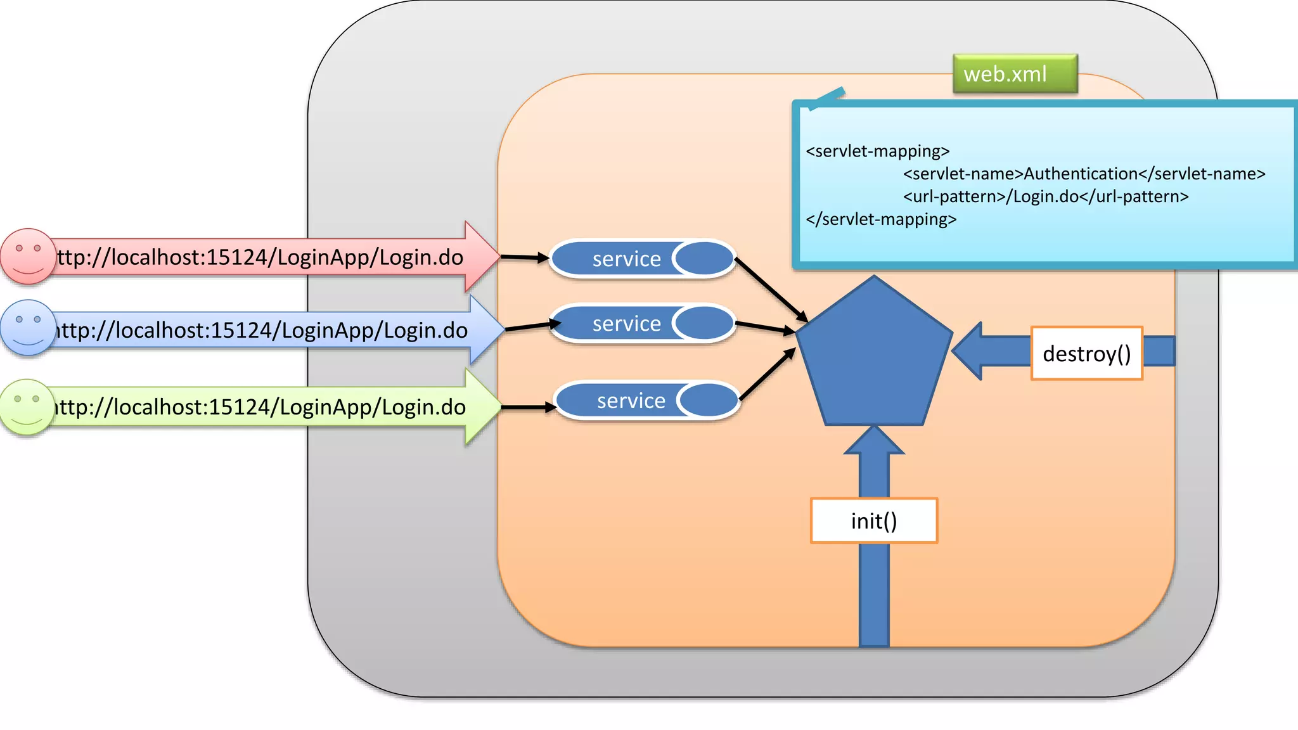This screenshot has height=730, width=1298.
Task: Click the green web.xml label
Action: [1015, 74]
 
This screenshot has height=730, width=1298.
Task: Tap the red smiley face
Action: [27, 256]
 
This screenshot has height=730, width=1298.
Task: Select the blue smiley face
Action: [28, 328]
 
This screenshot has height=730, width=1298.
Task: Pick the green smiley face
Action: [27, 407]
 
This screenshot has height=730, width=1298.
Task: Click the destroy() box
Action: [1086, 353]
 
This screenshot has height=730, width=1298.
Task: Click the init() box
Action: [873, 520]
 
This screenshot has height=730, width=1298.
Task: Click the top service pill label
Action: [626, 259]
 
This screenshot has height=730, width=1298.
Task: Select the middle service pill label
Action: [626, 324]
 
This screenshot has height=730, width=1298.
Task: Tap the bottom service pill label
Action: [631, 400]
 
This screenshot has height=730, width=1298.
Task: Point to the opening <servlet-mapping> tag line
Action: [877, 151]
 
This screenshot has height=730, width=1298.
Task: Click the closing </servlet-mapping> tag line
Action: [881, 219]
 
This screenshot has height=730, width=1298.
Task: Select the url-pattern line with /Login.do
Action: [1046, 196]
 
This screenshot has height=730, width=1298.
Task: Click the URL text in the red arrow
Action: [260, 257]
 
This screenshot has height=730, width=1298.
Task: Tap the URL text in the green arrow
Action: [260, 407]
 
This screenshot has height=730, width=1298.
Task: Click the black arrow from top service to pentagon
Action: [770, 288]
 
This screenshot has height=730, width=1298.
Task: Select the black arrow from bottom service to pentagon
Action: [767, 375]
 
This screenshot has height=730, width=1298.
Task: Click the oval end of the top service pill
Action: [704, 259]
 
